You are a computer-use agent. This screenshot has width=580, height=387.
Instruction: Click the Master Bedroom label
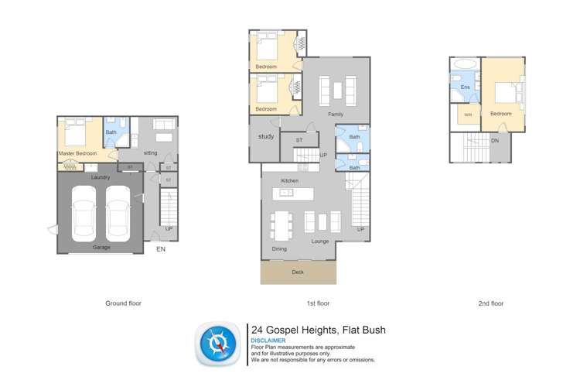click(x=77, y=153)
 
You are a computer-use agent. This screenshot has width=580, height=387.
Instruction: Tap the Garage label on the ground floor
click(x=101, y=247)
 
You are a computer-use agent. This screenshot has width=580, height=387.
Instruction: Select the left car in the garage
click(x=84, y=212)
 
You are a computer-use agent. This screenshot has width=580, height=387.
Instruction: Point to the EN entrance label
click(x=161, y=250)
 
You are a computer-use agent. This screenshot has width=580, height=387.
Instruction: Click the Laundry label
click(x=100, y=177)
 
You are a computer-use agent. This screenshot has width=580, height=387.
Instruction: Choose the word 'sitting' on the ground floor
click(x=150, y=153)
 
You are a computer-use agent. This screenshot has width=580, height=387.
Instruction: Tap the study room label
click(x=266, y=137)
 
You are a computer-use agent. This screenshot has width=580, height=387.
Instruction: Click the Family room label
click(x=335, y=115)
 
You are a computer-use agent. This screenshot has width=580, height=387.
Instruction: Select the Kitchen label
click(x=289, y=180)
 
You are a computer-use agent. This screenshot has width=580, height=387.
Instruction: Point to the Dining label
click(x=279, y=249)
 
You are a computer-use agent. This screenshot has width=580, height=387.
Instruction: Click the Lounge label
click(x=320, y=241)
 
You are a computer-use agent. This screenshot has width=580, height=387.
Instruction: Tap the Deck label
click(x=298, y=272)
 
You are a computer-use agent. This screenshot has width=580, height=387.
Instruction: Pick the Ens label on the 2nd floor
click(x=465, y=87)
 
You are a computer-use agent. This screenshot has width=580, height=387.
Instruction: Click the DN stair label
click(x=495, y=141)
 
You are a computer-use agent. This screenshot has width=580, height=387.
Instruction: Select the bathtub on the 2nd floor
click(x=465, y=63)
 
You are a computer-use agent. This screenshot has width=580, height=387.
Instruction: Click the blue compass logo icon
click(x=218, y=344)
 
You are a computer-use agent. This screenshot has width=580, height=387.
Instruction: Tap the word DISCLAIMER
click(x=268, y=341)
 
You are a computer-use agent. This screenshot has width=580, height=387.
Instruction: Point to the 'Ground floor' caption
click(x=123, y=303)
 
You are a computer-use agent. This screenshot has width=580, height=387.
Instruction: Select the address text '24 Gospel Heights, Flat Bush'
click(x=318, y=330)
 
